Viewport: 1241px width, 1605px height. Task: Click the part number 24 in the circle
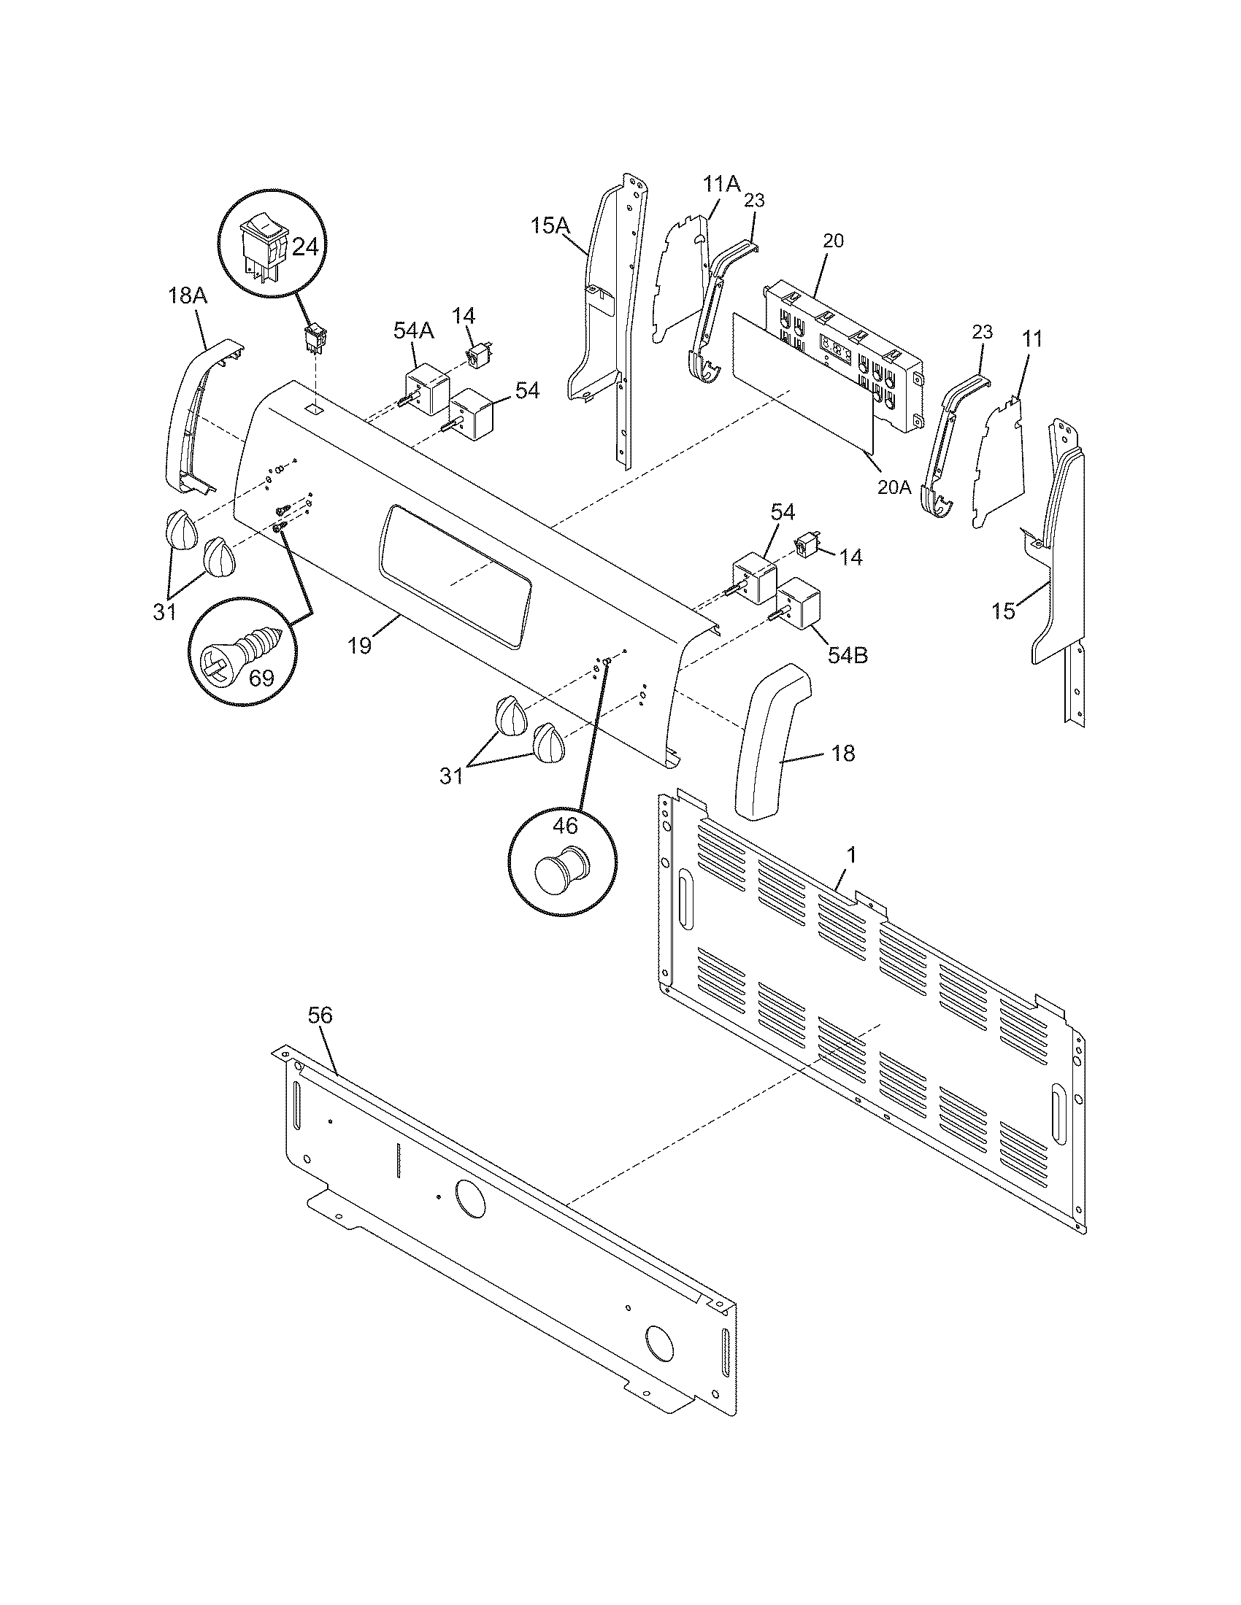click(305, 247)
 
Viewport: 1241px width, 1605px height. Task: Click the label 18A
click(188, 296)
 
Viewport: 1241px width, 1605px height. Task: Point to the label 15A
click(550, 225)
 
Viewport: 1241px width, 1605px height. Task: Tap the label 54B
click(848, 655)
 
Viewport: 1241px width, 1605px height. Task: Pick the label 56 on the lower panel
click(320, 1016)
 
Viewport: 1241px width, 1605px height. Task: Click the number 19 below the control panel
click(360, 645)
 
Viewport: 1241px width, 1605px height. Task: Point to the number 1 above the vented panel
click(851, 855)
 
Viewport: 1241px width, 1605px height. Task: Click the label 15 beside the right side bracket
click(1004, 610)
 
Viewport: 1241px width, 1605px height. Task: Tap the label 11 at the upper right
click(1031, 339)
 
